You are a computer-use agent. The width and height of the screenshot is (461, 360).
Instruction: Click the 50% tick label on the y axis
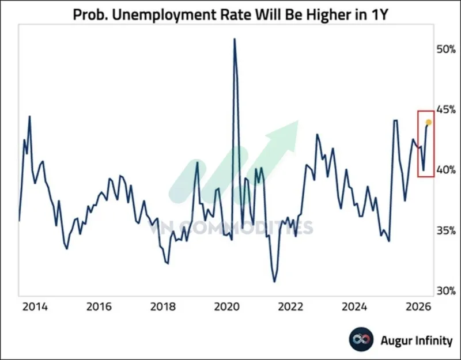446,50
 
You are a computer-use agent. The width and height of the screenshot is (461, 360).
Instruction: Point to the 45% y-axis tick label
446,110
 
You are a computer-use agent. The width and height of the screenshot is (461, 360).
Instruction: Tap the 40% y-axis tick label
446,170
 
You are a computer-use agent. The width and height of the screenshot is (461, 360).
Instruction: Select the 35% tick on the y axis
446,231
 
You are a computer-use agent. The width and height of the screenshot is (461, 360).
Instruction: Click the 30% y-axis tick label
446,291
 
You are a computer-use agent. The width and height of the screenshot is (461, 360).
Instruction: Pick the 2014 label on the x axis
35,307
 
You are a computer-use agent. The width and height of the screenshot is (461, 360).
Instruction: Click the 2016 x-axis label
99,307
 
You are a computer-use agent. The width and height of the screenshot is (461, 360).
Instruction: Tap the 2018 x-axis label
163,307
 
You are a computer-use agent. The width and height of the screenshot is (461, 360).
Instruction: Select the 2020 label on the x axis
226,307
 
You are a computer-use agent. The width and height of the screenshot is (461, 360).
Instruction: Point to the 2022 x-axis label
290,307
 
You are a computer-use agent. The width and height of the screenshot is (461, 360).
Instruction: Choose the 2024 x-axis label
354,307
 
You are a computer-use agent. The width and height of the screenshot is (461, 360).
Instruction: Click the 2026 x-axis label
418,307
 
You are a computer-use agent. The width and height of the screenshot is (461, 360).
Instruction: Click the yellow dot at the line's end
429,122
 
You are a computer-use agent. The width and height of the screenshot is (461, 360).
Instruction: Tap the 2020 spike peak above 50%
235,39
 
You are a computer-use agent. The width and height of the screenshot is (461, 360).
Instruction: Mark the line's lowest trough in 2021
275,282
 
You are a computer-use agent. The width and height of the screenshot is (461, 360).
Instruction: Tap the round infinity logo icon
361,339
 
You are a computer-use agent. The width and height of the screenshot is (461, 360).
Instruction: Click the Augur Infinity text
416,340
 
